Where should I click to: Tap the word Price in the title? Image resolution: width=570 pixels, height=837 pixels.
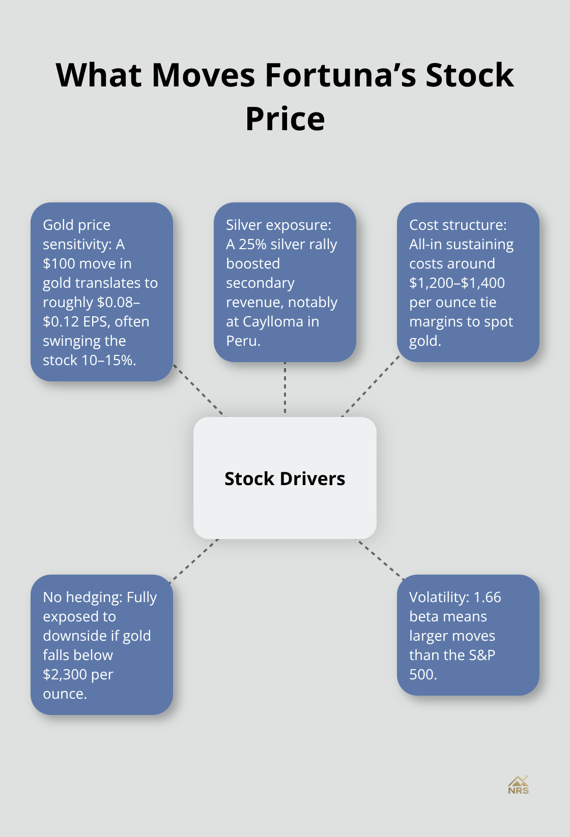point(285,119)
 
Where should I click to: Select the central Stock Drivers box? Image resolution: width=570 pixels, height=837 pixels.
point(285,478)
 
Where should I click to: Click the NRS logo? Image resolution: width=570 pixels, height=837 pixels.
point(518,785)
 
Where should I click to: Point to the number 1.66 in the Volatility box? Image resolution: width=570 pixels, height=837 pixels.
point(487,597)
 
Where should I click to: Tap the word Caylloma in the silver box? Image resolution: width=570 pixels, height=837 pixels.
point(273,321)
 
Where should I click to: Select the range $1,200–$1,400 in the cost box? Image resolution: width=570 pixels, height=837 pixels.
point(457,283)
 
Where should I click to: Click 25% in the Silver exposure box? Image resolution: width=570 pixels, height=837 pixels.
point(253,244)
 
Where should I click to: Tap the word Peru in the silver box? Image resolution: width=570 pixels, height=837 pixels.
point(242,341)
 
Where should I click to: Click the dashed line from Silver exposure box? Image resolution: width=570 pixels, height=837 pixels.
point(285,389)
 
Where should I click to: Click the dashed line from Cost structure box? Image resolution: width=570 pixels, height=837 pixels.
point(370,386)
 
